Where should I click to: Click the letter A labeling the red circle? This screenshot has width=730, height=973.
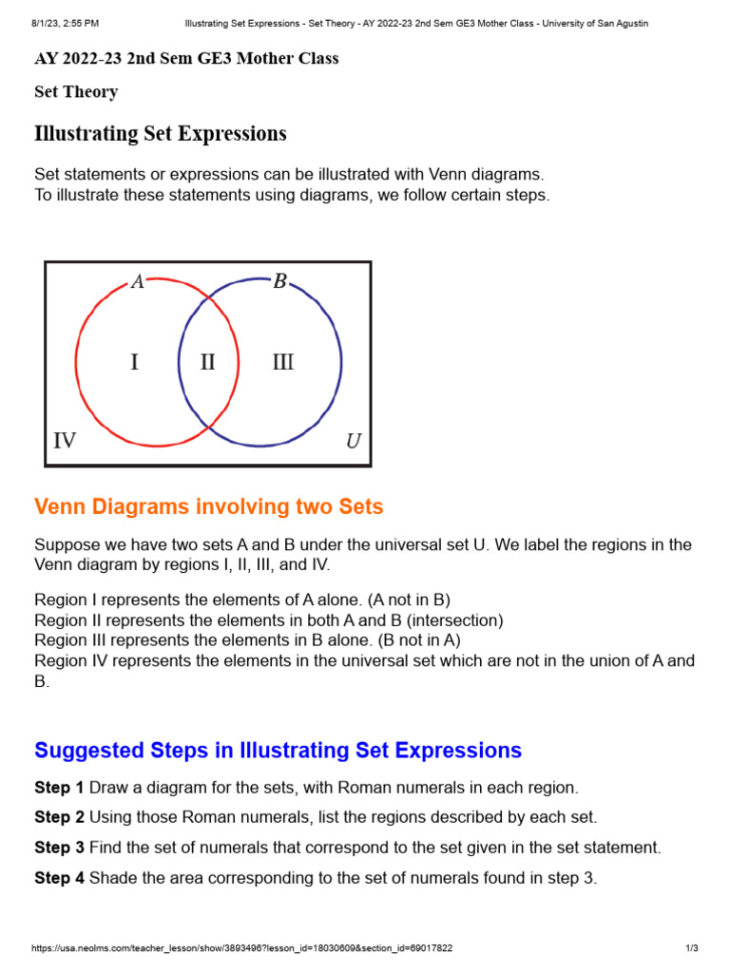click(x=138, y=281)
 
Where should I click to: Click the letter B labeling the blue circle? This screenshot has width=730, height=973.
click(x=279, y=281)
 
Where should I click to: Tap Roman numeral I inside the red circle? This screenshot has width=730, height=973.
click(x=134, y=362)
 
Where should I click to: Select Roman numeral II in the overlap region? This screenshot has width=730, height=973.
click(x=207, y=362)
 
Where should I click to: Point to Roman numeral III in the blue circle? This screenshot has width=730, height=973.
click(x=282, y=362)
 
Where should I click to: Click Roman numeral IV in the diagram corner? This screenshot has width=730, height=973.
click(x=65, y=440)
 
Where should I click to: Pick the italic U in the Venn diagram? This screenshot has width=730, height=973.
click(x=353, y=441)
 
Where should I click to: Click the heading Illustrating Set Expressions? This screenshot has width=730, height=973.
click(x=161, y=134)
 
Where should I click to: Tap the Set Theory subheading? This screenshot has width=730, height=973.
click(x=76, y=92)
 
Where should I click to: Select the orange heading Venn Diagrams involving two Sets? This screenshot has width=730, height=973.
click(x=209, y=506)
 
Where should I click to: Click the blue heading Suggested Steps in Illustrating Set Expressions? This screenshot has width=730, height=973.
click(x=278, y=750)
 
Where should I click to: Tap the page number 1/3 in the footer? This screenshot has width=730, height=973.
click(x=691, y=948)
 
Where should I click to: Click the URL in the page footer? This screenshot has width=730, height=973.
click(x=242, y=948)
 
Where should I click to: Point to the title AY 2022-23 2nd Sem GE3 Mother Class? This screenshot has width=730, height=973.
click(x=186, y=59)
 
